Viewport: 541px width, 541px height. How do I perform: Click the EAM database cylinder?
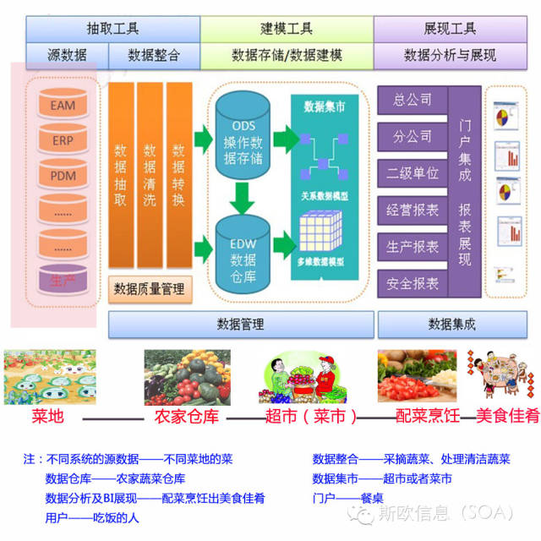[x=63, y=106]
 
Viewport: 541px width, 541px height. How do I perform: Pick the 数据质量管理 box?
[x=150, y=289]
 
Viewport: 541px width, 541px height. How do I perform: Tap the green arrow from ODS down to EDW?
[x=243, y=196]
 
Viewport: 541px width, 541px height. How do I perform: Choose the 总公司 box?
[x=412, y=101]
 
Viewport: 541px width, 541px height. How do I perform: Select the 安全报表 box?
[x=412, y=283]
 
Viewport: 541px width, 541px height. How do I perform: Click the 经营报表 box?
[x=412, y=210]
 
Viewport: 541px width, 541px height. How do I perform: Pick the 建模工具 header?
[x=287, y=29]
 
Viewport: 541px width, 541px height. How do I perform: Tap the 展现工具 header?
[x=449, y=29]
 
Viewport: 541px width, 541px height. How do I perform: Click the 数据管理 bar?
[x=240, y=324]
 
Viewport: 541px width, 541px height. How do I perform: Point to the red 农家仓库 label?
[x=181, y=416]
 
